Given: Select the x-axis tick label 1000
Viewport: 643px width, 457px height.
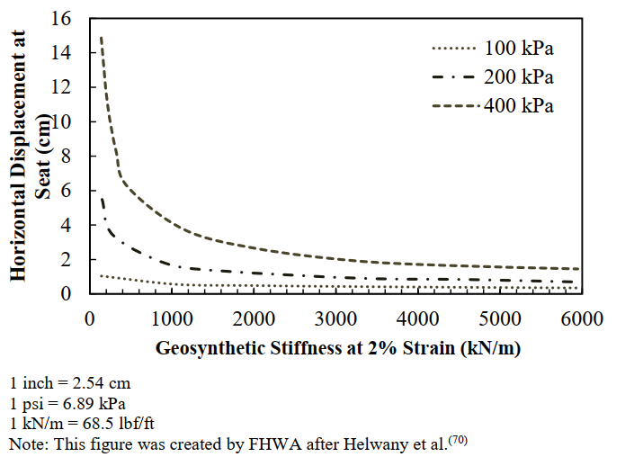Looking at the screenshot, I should [x=171, y=318].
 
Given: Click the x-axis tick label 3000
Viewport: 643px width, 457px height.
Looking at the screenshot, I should [x=335, y=318].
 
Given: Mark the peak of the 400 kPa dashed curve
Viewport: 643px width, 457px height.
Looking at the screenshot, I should [x=101, y=38].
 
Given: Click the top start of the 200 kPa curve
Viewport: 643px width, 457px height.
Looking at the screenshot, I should [x=102, y=198].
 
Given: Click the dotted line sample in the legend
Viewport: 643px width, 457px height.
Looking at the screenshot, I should [x=453, y=48].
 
